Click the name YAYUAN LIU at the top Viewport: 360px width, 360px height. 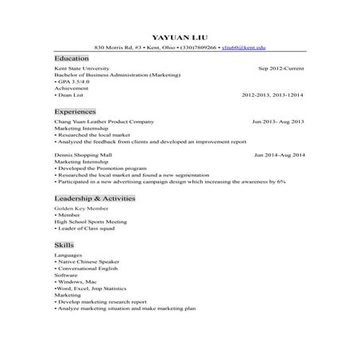pos(180,37)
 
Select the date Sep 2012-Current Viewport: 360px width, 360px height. pos(281,69)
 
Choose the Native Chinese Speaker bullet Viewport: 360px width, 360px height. pos(90,261)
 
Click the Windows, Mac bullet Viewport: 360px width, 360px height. pos(76,282)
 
